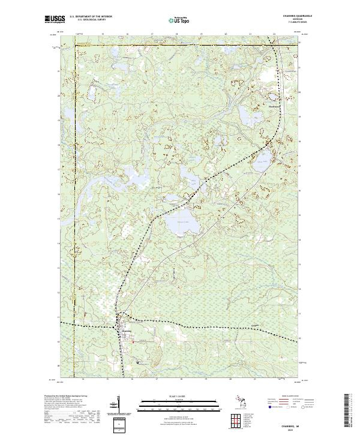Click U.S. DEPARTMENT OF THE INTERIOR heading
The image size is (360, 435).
[90, 16]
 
